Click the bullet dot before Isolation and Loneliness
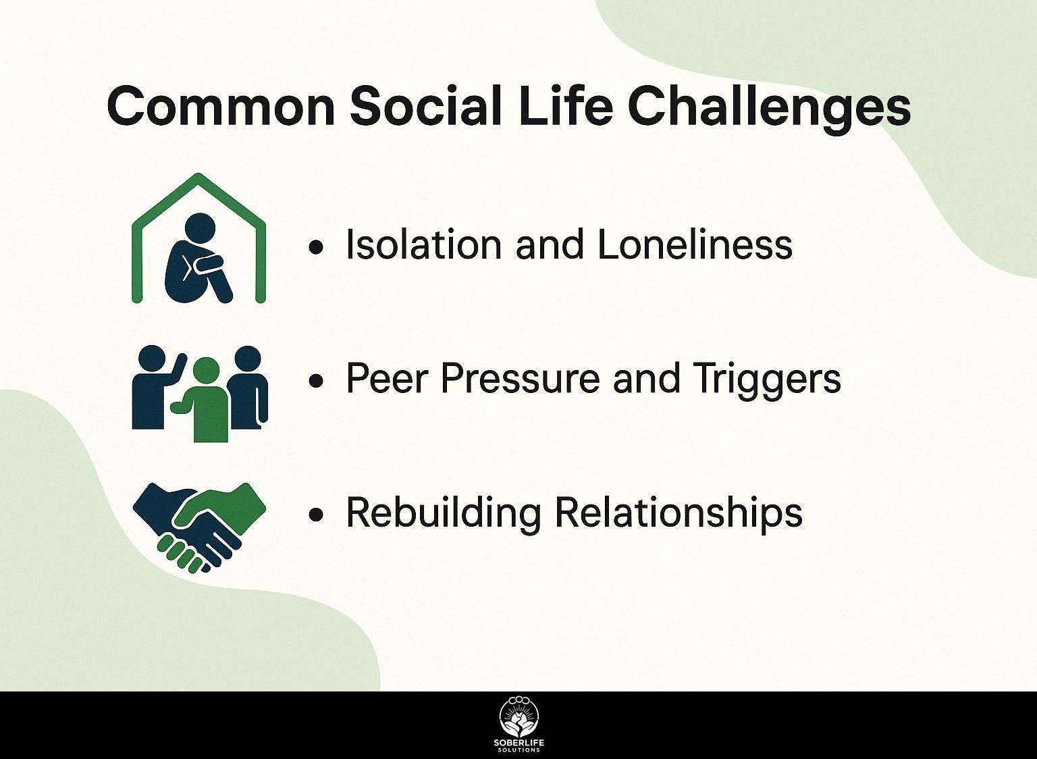point(316,247)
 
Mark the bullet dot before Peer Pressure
point(316,381)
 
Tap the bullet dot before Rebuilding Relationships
point(316,515)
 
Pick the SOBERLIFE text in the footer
point(519,743)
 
